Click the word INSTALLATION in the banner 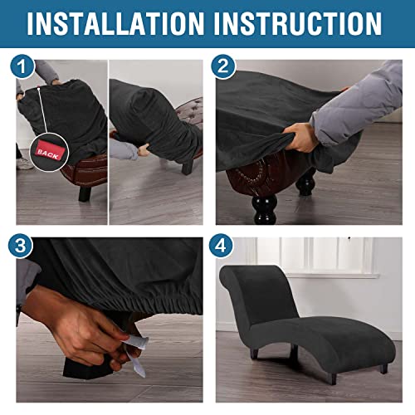115,23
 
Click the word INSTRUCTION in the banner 298,23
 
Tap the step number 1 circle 22,66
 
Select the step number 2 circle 223,66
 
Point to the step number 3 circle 21,246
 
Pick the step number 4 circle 221,246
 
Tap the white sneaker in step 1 25,164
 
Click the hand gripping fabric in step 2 300,138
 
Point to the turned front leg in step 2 265,208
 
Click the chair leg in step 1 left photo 85,193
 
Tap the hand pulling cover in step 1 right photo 144,149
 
